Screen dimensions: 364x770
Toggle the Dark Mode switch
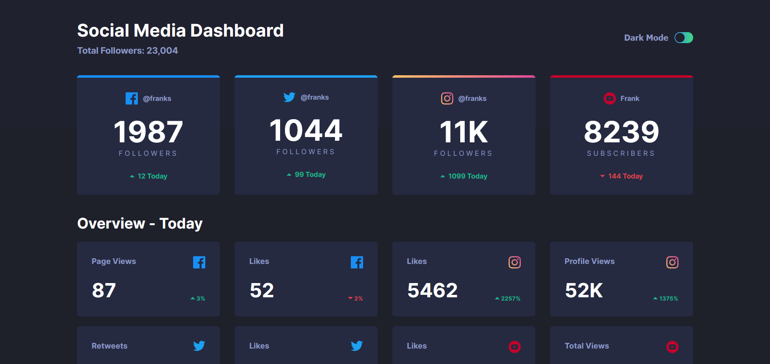pos(683,38)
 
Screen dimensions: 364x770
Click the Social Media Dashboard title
pos(180,31)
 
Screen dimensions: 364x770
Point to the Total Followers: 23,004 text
pos(127,51)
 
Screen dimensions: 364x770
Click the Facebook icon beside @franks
pos(131,98)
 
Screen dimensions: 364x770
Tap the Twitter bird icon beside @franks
pos(289,97)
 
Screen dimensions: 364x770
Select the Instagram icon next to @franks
pos(447,98)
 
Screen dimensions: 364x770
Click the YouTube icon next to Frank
pos(609,98)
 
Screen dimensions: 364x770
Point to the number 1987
pos(148,132)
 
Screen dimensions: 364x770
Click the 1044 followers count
pos(306,131)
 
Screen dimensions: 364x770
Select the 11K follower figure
pos(463,132)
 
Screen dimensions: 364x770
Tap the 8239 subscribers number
pos(621,132)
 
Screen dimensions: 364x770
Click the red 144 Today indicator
pos(622,176)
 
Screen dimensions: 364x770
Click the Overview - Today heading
pos(140,223)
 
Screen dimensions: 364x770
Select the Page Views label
pos(114,261)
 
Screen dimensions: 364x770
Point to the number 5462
pos(432,290)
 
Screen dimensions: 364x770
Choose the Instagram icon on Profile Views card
pos(672,262)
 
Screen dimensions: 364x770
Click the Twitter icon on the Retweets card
pos(199,346)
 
